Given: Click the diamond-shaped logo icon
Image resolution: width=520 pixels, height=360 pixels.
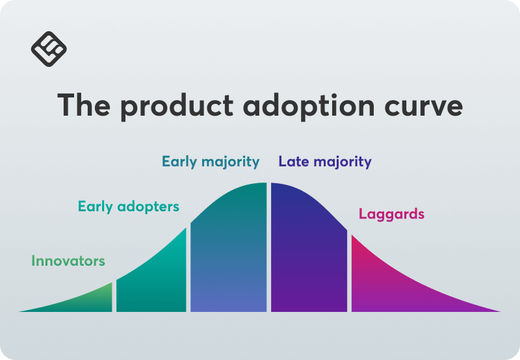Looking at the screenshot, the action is tap(49, 49).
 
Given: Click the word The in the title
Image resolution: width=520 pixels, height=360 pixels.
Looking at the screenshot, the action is tap(84, 105).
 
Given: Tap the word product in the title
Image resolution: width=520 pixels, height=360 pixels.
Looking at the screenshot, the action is tap(177, 107).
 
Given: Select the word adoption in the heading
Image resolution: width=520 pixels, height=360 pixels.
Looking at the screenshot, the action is tap(309, 107).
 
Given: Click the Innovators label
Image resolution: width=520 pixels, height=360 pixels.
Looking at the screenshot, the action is tap(68, 261).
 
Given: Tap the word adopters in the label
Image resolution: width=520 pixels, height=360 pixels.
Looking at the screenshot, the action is tap(148, 207).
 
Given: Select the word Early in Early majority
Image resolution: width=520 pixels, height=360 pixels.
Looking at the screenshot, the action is tap(179, 162).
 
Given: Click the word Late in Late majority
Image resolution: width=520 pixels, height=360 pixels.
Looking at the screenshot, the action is tap(294, 161).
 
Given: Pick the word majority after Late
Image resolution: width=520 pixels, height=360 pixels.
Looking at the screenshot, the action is tap(343, 162).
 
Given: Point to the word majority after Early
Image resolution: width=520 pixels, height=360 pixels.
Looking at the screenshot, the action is tap(231, 162).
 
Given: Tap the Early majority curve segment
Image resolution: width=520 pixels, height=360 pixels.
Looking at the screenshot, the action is tap(229, 252).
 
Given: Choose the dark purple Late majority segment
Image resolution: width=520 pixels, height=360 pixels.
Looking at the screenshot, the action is tap(309, 252).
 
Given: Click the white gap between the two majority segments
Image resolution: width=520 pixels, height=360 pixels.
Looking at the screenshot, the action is tap(268, 248).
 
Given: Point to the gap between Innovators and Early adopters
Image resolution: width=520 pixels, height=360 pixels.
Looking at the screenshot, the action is tap(114, 296).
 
